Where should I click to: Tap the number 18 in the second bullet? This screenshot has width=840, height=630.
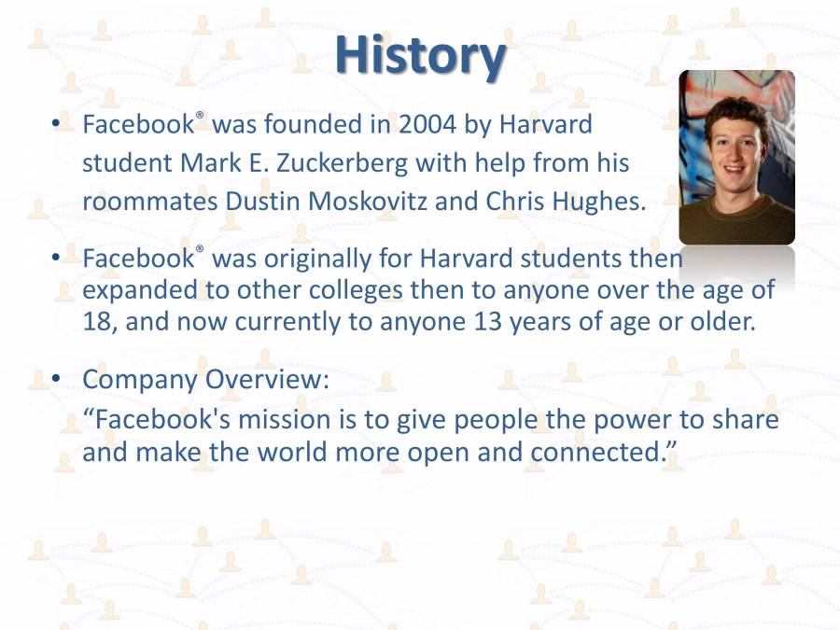pyautogui.click(x=97, y=322)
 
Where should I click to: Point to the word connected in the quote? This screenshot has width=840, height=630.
pyautogui.click(x=600, y=453)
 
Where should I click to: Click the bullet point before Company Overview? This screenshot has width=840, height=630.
pyautogui.click(x=56, y=379)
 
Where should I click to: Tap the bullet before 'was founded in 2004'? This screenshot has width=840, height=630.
pyautogui.click(x=56, y=123)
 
